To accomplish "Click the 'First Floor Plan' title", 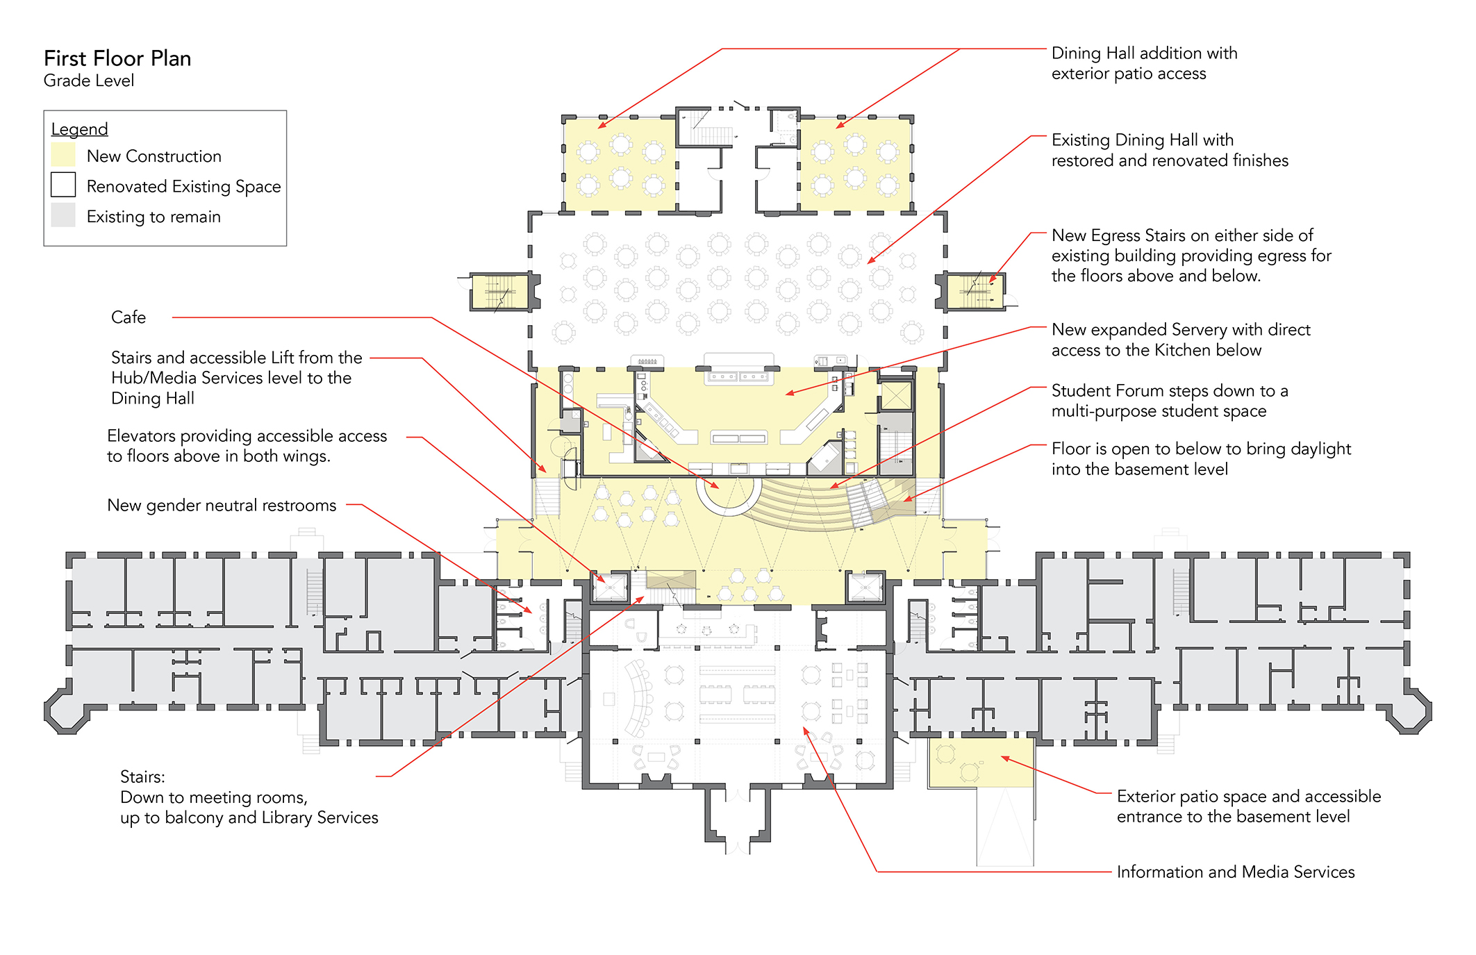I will tap(117, 58).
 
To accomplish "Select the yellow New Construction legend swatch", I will tap(63, 154).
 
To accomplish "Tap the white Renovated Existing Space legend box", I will tap(63, 185).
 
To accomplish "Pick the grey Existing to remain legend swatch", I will tap(63, 215).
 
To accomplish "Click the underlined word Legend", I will tap(79, 129).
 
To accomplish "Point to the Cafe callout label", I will tap(128, 317).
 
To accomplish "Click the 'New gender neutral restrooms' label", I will tap(222, 505).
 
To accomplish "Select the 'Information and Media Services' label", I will tap(1235, 872).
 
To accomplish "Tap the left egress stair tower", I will tap(499, 292).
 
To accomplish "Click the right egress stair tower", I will tap(975, 291).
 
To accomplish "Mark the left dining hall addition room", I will tap(620, 165).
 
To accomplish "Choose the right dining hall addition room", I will tap(855, 165).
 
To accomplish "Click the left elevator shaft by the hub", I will tap(610, 588).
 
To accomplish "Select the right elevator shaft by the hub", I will tap(865, 588).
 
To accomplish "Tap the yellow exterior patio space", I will tap(981, 762).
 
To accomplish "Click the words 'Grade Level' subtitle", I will tap(89, 81).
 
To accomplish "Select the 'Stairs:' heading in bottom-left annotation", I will tap(142, 777).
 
